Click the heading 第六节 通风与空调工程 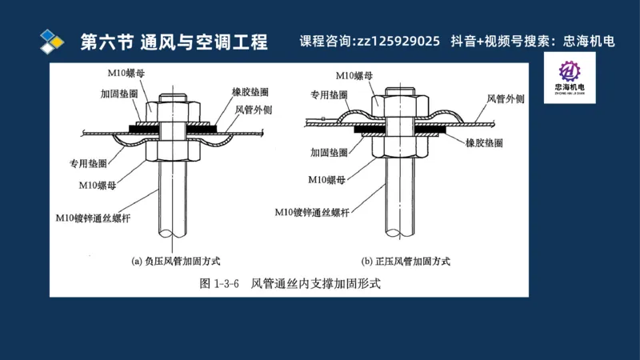(174, 42)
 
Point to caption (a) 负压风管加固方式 (176, 261)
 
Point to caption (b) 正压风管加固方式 (406, 261)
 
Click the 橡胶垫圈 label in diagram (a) (251, 93)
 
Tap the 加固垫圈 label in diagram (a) (118, 94)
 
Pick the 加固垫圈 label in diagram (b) (328, 151)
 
